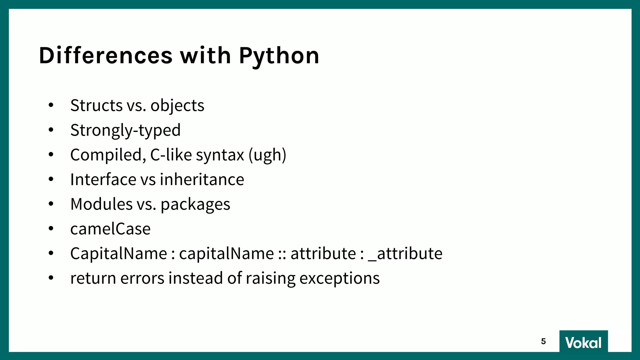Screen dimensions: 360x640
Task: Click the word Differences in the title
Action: click(106, 56)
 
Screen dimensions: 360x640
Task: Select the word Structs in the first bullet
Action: click(96, 105)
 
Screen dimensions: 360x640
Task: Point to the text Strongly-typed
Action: click(125, 130)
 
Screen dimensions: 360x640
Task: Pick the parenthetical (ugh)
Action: click(267, 155)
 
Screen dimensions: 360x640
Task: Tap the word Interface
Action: click(103, 179)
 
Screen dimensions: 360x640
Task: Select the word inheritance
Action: click(202, 179)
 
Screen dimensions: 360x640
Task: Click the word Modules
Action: click(101, 204)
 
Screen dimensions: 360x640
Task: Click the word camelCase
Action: click(110, 229)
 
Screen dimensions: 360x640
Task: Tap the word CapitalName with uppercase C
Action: click(119, 253)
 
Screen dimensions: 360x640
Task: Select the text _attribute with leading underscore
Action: click(405, 253)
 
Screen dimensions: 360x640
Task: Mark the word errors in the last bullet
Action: click(142, 278)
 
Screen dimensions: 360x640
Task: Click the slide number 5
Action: click(543, 341)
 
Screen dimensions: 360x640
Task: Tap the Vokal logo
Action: click(583, 342)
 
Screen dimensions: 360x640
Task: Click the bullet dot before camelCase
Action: click(51, 228)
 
